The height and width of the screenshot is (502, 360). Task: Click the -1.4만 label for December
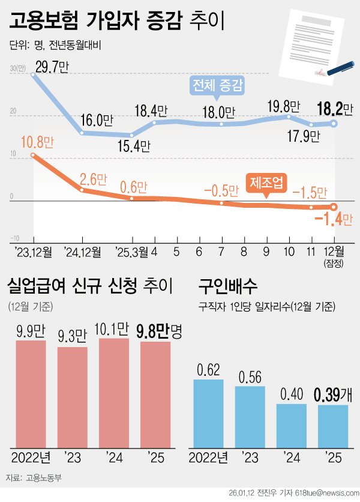tap(334, 219)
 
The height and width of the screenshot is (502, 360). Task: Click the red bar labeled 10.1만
tap(113, 393)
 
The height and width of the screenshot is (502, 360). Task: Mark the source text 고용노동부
tap(44, 479)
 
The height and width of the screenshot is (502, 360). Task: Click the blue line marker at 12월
tap(334, 124)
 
